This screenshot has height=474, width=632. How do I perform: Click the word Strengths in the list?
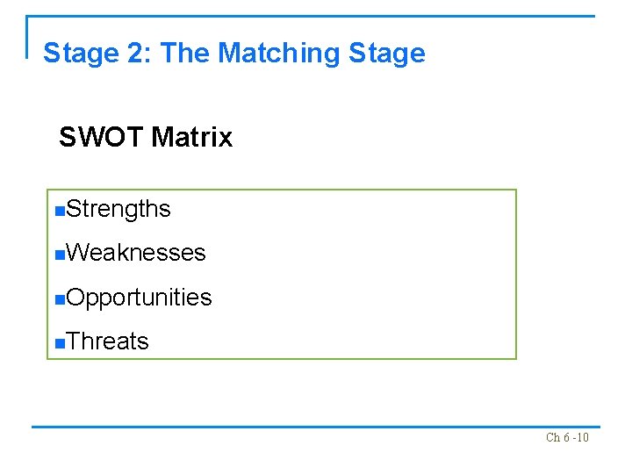click(118, 209)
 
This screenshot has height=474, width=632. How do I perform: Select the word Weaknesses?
click(135, 253)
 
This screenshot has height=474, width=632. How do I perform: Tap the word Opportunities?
click(139, 298)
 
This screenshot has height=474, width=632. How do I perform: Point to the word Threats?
click(107, 341)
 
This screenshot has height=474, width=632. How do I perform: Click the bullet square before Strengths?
click(59, 211)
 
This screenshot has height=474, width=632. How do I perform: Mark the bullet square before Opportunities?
click(59, 299)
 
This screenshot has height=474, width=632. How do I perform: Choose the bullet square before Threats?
click(59, 343)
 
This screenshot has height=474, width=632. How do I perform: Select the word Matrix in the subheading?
click(191, 138)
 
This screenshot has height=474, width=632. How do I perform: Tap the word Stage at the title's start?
click(80, 54)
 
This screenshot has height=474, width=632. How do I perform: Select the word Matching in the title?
click(278, 54)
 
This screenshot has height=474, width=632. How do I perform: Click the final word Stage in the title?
click(387, 54)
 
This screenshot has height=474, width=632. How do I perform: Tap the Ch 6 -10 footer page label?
click(567, 437)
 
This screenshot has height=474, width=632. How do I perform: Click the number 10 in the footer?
click(581, 437)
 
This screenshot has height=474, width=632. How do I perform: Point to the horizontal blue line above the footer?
click(316, 427)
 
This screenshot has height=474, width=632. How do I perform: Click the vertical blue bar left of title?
click(28, 37)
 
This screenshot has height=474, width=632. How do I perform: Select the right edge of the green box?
click(516, 274)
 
